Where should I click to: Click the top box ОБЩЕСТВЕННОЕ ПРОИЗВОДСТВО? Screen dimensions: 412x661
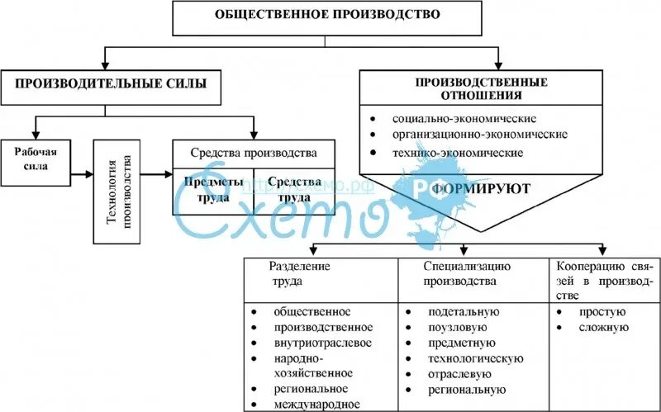(327, 16)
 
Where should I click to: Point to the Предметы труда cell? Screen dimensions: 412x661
(212, 190)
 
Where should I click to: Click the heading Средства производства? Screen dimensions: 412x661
(253, 153)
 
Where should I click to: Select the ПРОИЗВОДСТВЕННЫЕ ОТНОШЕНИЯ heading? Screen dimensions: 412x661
(481, 88)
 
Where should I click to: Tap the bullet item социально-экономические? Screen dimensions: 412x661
(464, 118)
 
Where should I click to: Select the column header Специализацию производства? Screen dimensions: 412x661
(467, 273)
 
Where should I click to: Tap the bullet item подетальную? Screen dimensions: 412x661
(463, 312)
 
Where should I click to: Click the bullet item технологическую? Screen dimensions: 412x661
(475, 358)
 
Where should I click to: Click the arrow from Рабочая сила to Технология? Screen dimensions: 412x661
(82, 174)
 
